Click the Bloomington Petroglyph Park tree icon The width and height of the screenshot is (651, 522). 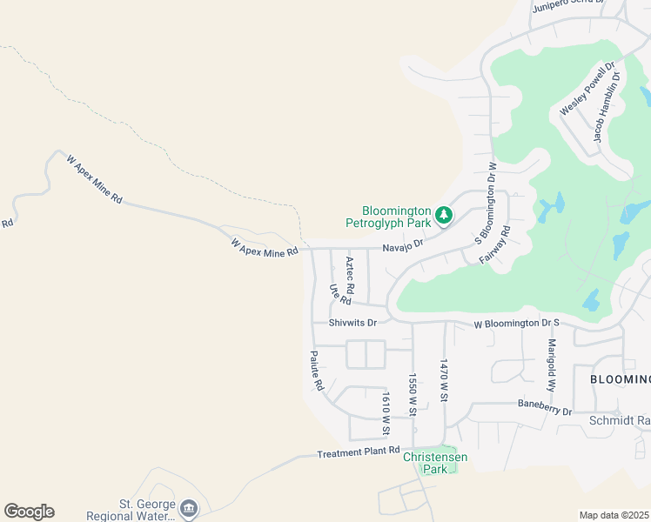pyautogui.click(x=444, y=213)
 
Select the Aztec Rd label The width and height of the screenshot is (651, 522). pyautogui.click(x=350, y=274)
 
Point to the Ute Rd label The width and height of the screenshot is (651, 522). pyautogui.click(x=339, y=294)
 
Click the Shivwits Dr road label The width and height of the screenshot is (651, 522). pyautogui.click(x=352, y=323)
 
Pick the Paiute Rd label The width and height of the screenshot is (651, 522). pyautogui.click(x=317, y=371)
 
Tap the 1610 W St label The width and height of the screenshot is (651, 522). pyautogui.click(x=385, y=412)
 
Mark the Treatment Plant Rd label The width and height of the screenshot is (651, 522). pyautogui.click(x=357, y=453)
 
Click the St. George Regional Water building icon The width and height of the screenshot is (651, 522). pyautogui.click(x=188, y=507)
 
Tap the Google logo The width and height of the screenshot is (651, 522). pyautogui.click(x=29, y=512)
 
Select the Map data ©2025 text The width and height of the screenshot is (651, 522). pyautogui.click(x=614, y=515)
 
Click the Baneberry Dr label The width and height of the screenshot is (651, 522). pyautogui.click(x=544, y=405)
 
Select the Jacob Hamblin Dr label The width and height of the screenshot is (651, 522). pyautogui.click(x=607, y=107)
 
